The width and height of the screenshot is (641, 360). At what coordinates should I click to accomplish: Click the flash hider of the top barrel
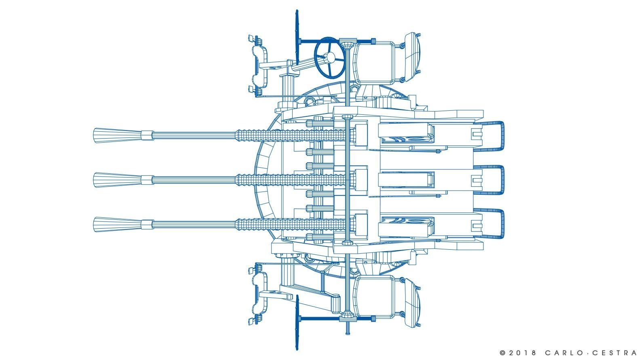pos(118,135)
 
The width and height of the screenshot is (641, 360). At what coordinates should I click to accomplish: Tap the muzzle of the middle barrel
pos(118,180)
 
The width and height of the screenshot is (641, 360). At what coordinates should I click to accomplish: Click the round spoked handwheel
pos(330,57)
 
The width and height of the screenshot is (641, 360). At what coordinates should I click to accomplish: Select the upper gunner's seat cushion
pos(374,63)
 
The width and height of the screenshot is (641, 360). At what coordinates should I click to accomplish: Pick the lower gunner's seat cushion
pos(374,297)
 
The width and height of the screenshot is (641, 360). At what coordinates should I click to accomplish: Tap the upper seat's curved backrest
pos(412,57)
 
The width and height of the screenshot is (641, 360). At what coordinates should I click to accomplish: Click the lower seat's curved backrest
pos(412,303)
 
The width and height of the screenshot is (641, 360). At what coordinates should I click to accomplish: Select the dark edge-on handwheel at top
pos(297,37)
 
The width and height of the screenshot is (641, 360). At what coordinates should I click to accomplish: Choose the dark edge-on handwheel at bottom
pos(297,322)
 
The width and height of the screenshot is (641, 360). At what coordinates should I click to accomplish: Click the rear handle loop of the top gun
pos(503,136)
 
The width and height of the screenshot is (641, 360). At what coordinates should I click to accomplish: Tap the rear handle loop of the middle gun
pos(503,180)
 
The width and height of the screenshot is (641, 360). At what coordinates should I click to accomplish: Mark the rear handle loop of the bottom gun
pos(503,224)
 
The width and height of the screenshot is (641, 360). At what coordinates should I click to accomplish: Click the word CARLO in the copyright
pos(563,353)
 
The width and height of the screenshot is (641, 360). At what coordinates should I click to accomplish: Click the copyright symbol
pos(503,353)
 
